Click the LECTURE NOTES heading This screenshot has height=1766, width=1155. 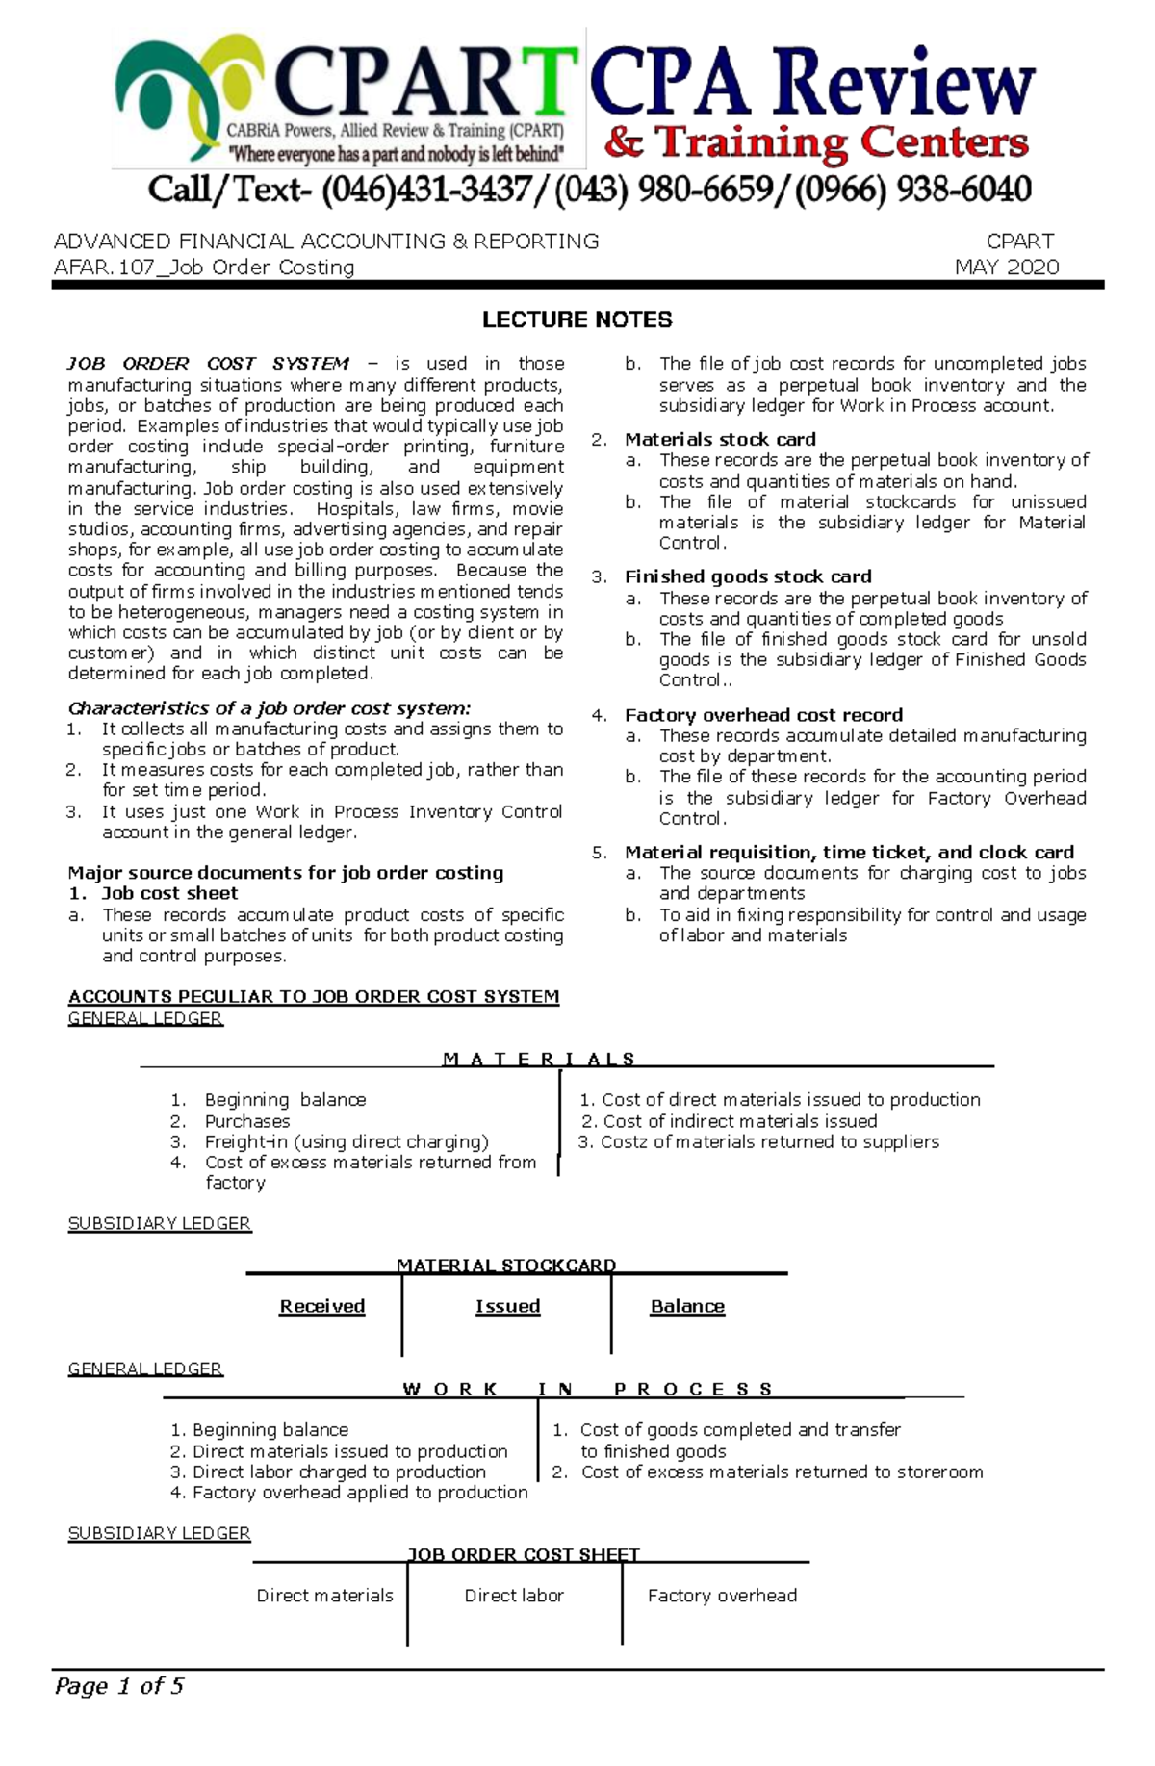click(577, 320)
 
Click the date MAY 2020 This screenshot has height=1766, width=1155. click(1006, 268)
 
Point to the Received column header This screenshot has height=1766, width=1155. click(322, 1306)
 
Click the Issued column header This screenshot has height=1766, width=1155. click(507, 1306)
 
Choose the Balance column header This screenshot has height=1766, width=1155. click(687, 1306)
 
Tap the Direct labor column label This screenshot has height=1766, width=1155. click(514, 1595)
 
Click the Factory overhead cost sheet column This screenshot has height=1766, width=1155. click(722, 1595)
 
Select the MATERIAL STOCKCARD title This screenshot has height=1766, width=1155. click(506, 1265)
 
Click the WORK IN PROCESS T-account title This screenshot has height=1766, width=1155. click(587, 1389)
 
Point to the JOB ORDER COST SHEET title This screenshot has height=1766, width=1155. click(524, 1553)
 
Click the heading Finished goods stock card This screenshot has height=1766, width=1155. click(748, 576)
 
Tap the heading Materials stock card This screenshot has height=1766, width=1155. click(720, 439)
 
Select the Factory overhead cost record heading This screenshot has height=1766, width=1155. click(763, 714)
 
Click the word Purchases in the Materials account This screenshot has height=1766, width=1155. click(247, 1120)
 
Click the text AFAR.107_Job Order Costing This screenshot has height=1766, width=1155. click(204, 268)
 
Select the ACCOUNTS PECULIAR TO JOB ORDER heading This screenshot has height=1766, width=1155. click(314, 996)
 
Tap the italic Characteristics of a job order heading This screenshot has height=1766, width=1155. click(269, 708)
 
